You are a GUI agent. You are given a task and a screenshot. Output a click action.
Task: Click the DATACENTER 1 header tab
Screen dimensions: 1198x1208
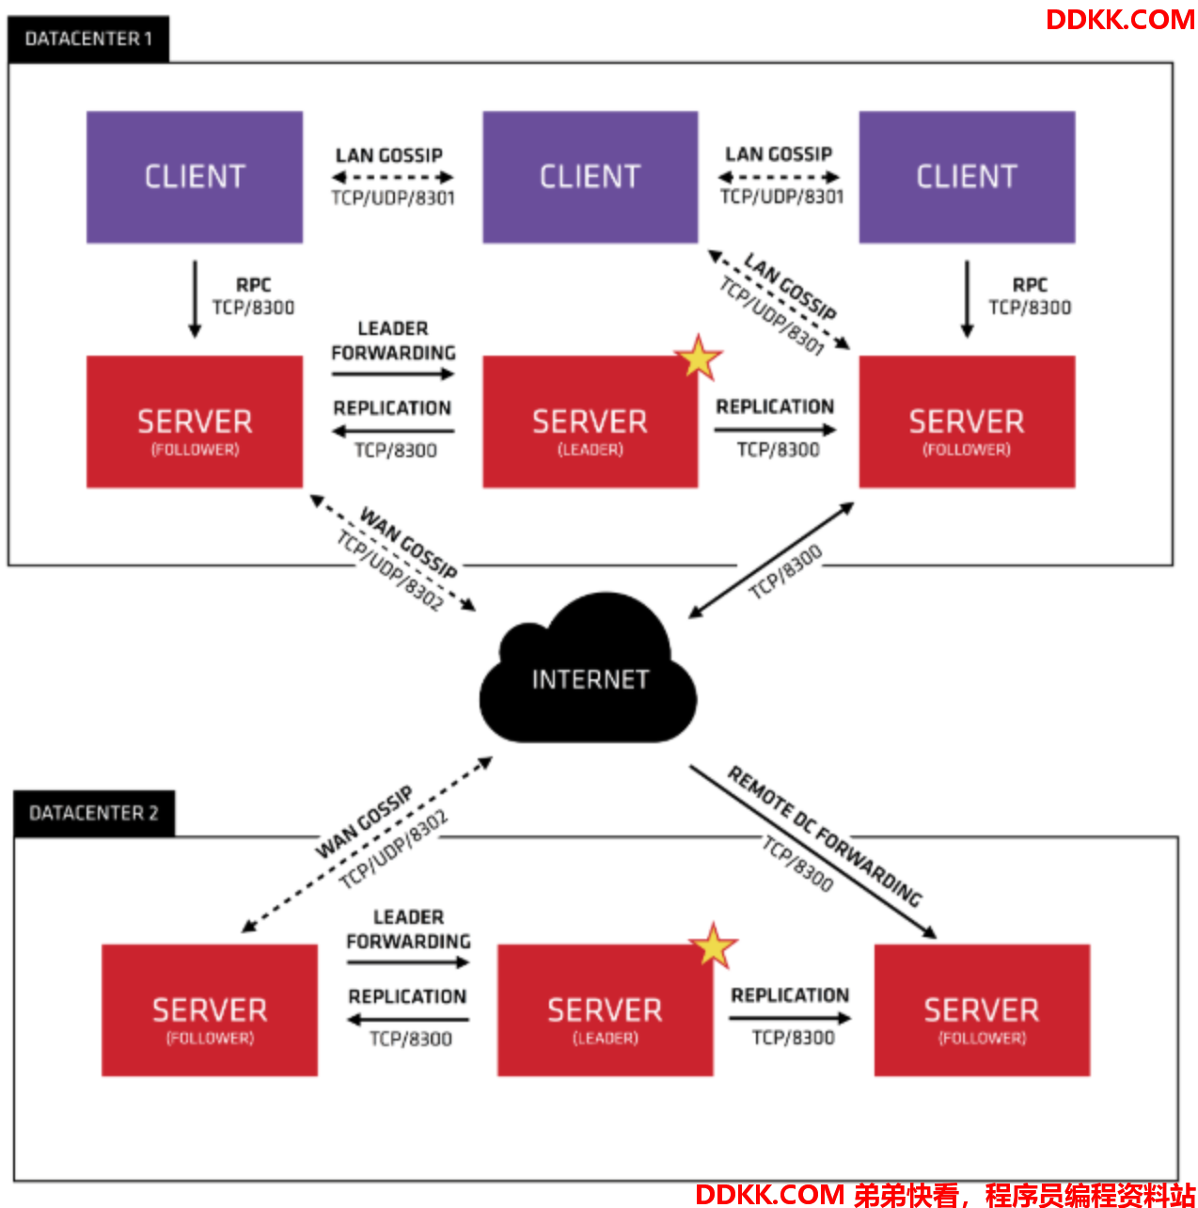[x=88, y=39]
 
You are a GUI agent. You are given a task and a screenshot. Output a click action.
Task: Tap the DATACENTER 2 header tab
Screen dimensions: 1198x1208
[x=94, y=813]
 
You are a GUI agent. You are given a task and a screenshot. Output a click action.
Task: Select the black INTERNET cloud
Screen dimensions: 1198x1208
[x=588, y=668]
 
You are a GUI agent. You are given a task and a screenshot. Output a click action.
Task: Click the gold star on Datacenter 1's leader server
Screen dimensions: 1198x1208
[x=699, y=358]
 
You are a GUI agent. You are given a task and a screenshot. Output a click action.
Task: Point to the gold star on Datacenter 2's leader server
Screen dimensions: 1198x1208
[x=714, y=946]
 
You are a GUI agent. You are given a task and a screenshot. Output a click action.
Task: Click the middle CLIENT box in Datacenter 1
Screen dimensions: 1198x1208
[x=591, y=177]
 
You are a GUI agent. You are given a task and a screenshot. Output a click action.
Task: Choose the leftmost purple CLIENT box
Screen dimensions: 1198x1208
[x=195, y=177]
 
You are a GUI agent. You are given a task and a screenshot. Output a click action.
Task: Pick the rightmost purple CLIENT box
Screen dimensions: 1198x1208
[x=967, y=177]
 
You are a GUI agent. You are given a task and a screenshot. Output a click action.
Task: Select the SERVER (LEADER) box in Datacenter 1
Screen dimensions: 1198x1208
[x=591, y=421]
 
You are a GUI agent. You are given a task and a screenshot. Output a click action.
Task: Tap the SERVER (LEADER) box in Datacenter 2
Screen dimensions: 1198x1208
[x=606, y=1009]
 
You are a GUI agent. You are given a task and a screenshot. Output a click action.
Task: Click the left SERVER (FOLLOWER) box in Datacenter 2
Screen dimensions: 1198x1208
[x=210, y=1009]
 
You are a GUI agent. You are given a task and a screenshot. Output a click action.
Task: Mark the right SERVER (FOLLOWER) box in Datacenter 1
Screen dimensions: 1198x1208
[x=967, y=421]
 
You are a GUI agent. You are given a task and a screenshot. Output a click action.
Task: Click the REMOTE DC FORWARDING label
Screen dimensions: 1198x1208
[x=825, y=836]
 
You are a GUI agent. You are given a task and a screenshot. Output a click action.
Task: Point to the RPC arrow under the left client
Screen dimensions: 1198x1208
[x=195, y=300]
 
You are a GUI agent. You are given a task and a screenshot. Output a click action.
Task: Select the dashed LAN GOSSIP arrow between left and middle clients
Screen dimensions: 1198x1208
[x=392, y=178]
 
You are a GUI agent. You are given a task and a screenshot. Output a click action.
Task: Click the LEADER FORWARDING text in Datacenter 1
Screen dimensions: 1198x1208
[x=393, y=341]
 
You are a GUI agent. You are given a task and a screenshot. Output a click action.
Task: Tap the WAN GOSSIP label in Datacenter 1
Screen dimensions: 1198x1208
[x=408, y=542]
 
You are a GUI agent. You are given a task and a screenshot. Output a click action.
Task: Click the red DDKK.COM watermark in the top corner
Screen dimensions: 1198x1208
[x=1120, y=20]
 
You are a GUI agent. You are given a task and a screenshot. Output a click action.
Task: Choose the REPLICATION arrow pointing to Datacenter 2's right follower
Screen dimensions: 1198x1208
[x=790, y=1019]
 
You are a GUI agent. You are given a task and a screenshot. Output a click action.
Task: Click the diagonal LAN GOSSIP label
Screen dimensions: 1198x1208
[x=790, y=286]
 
